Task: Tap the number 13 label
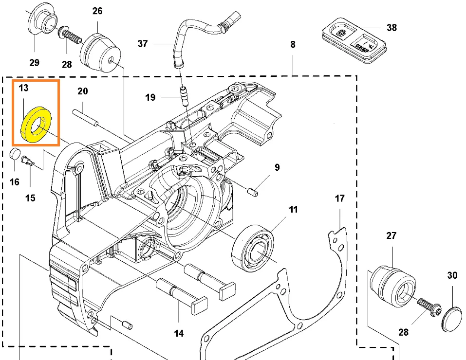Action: [24, 88]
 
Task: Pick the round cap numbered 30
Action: [452, 319]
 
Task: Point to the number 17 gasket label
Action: [339, 198]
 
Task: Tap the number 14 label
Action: [179, 333]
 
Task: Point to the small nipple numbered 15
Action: [29, 160]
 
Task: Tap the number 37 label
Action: [142, 44]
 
